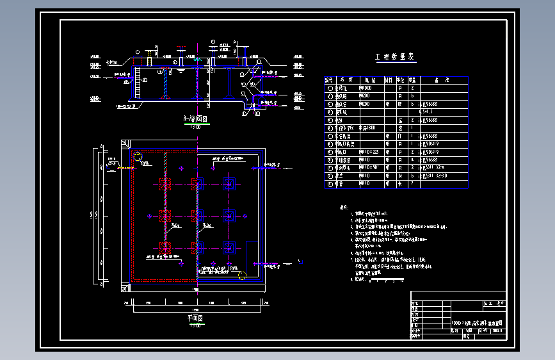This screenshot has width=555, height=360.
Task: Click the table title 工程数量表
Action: (395, 58)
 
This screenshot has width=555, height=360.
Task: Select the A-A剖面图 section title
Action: (193, 119)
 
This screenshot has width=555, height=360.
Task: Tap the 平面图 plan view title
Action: (195, 318)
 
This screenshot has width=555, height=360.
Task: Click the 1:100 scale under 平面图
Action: (195, 325)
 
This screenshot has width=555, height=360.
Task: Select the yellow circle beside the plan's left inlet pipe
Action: (137, 156)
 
